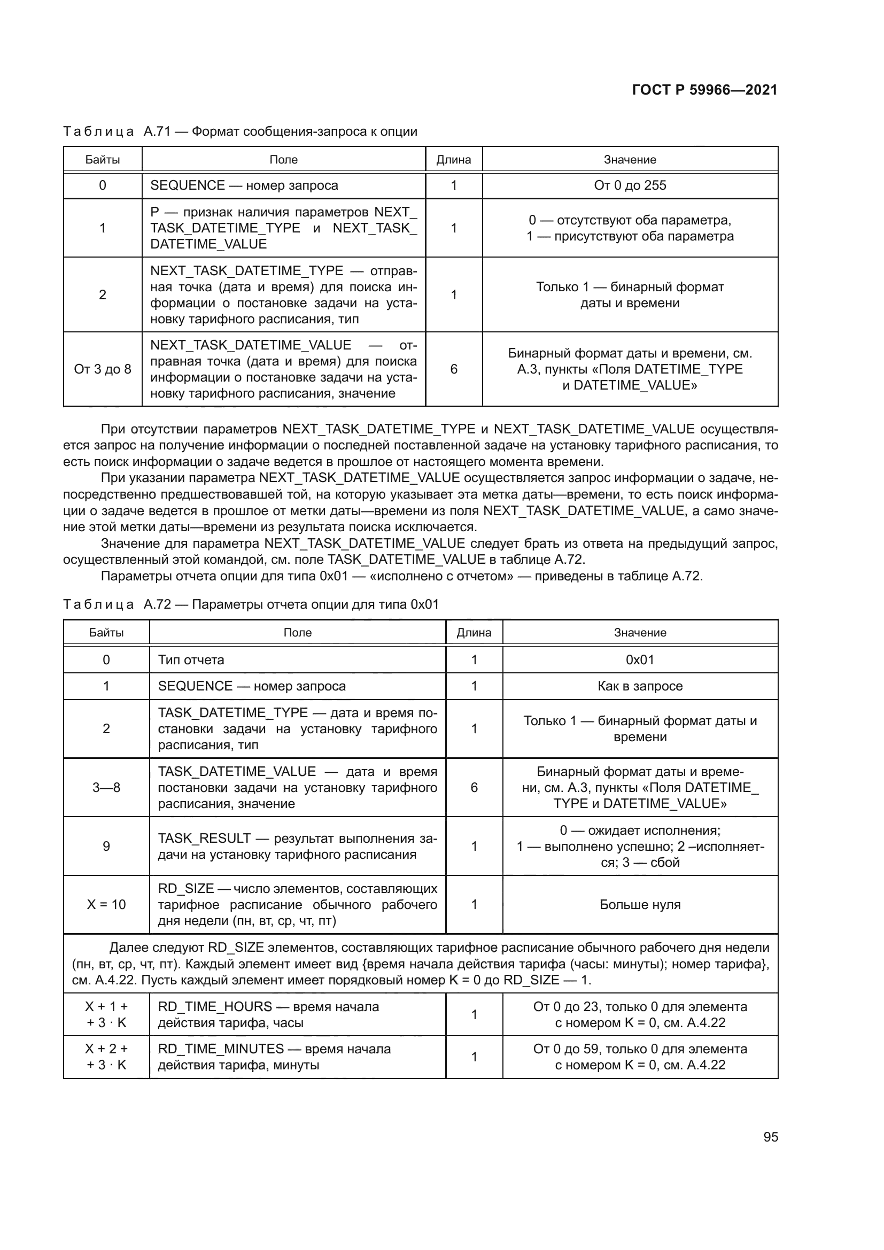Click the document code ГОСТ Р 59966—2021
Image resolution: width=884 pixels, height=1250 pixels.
coord(704,90)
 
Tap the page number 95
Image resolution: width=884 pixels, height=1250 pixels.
coord(770,1137)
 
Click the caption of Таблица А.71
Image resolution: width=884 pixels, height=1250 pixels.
coord(240,131)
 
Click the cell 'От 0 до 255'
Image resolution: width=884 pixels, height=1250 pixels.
coord(630,185)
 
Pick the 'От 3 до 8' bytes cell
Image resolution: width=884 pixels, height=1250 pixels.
coord(102,369)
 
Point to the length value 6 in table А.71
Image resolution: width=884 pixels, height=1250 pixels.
coord(453,369)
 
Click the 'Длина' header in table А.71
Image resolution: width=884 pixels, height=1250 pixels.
coord(453,159)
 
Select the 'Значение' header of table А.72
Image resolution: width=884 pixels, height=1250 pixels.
coord(640,633)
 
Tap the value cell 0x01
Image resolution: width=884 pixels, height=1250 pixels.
coord(640,660)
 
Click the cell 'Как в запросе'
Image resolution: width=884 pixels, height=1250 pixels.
coord(640,686)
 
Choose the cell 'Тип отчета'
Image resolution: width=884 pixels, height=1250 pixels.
coord(191,660)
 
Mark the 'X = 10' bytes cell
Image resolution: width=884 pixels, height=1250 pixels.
coord(106,904)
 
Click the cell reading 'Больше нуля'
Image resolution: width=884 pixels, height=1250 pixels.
coord(640,904)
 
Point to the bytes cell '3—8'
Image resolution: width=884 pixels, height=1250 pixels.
coord(106,787)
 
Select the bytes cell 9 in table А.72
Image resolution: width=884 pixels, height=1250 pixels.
coord(106,846)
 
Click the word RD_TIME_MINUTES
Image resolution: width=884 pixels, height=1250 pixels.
coord(221,1049)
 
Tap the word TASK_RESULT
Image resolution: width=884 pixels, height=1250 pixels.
coord(204,838)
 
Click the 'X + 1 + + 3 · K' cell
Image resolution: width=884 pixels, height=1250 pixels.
coord(106,1014)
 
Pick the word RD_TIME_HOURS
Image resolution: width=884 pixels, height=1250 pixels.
coord(215,1007)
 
